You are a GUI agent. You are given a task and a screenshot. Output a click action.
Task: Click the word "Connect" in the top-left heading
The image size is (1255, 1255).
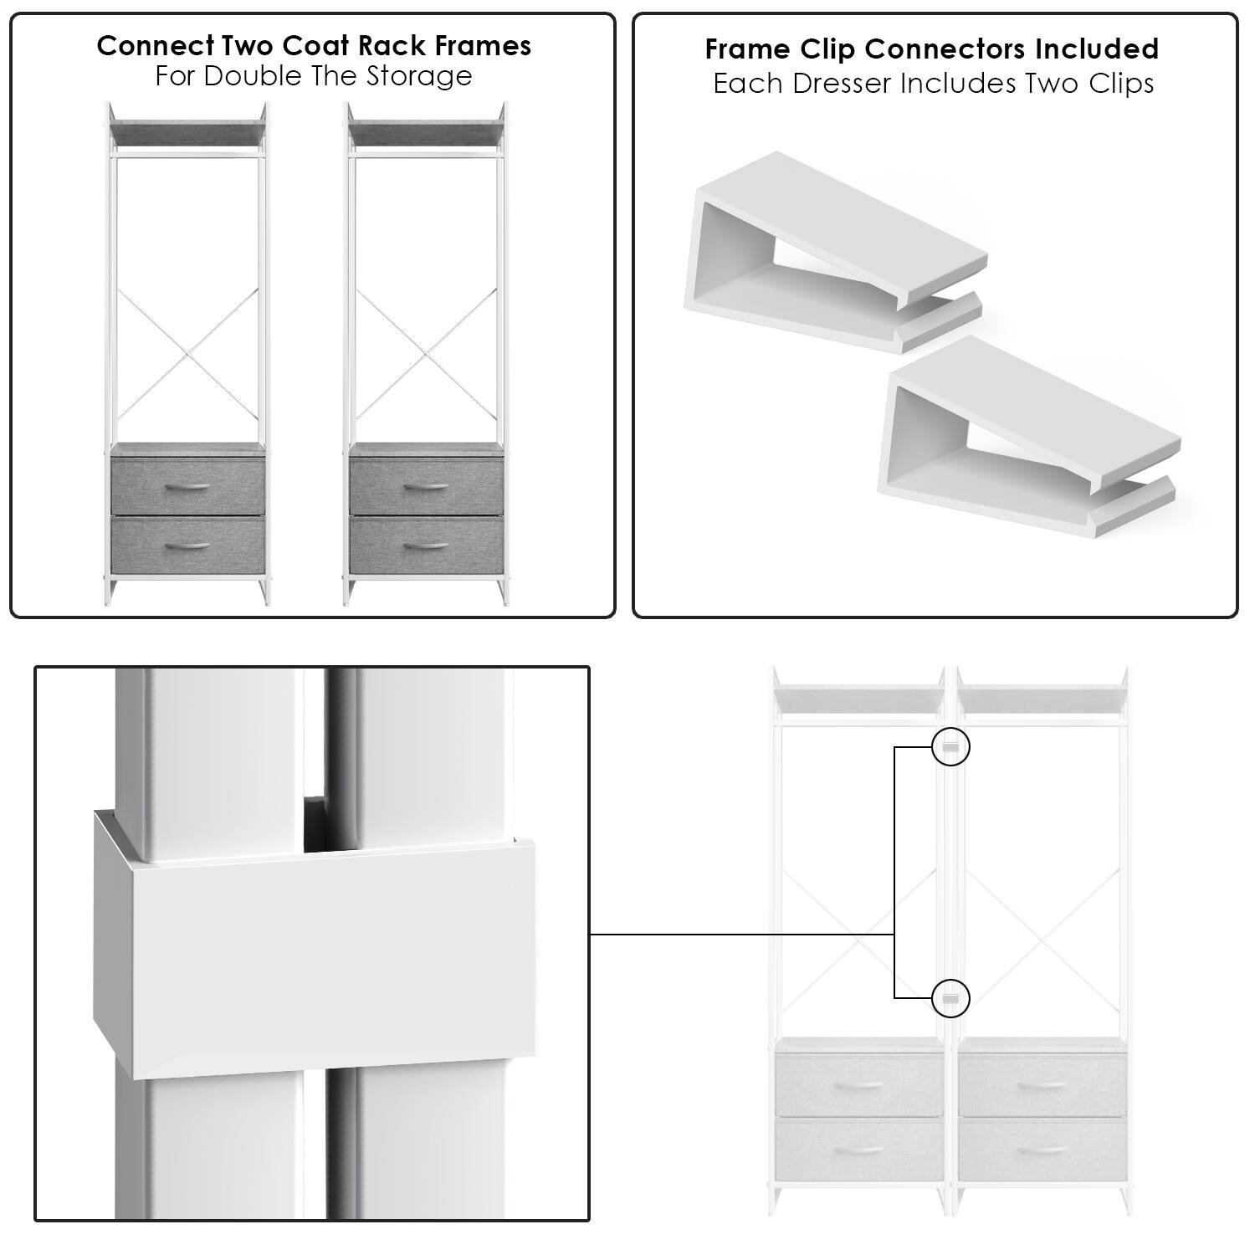(145, 45)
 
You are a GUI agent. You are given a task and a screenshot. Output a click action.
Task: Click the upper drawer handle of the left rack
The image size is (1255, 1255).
(188, 487)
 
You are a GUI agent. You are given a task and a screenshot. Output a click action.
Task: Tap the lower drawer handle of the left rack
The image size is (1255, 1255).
(188, 546)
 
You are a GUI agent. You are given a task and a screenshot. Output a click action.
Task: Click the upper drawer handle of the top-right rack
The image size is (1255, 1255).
(427, 487)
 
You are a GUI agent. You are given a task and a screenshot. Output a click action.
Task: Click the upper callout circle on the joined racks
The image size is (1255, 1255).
(950, 746)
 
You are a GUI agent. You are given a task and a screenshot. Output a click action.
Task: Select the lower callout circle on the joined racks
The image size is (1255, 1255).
(950, 998)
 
